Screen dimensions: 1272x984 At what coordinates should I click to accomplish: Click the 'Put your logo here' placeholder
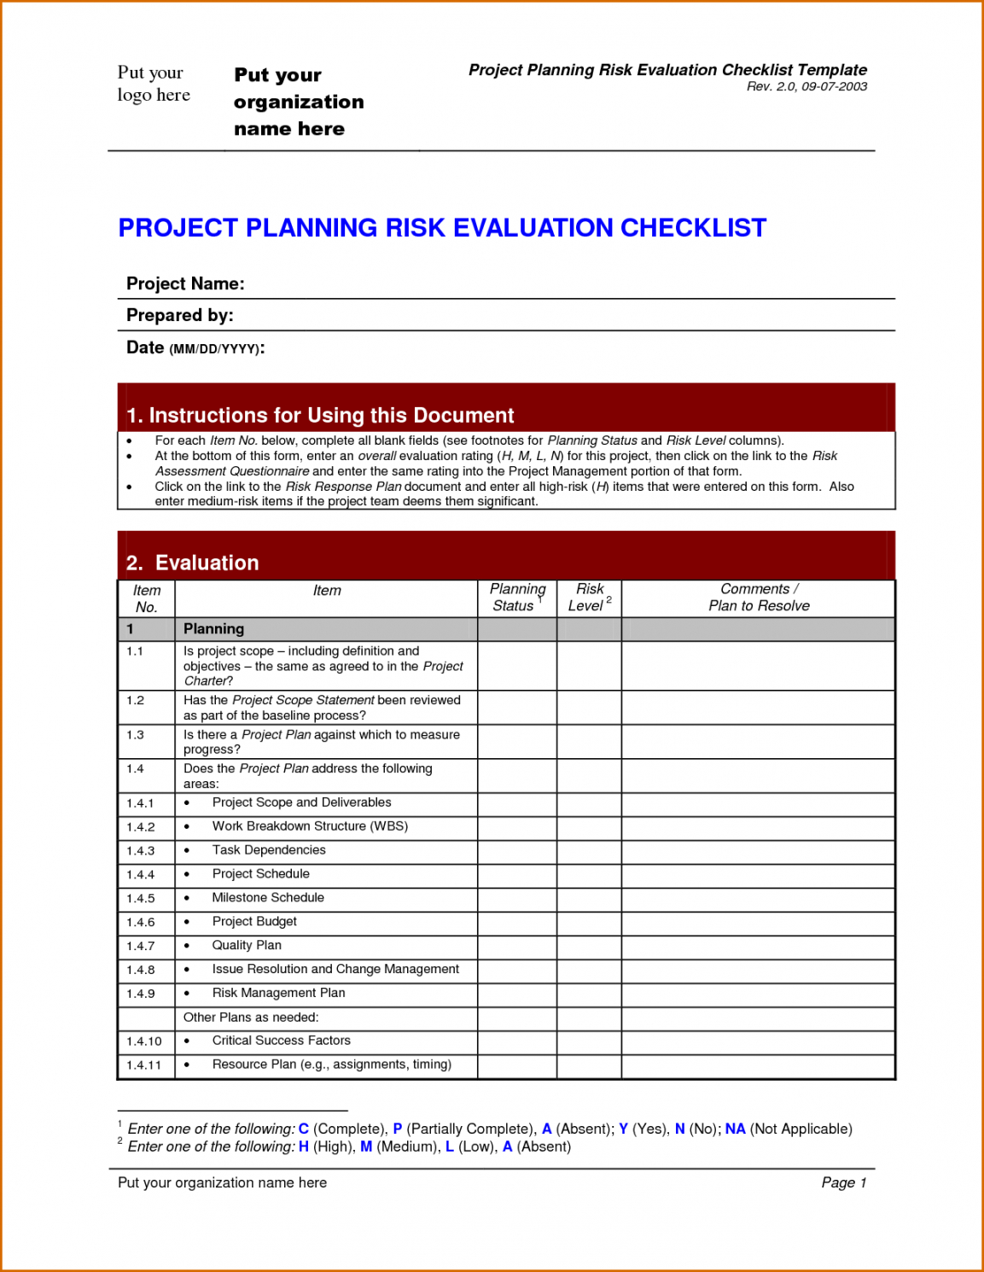coord(154,84)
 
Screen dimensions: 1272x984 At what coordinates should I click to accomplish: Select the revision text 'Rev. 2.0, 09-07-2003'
coord(806,86)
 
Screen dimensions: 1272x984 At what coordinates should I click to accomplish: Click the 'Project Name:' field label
coord(185,283)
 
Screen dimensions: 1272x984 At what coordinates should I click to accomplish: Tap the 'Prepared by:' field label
coord(179,315)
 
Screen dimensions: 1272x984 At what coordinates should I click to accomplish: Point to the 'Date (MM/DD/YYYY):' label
coord(195,347)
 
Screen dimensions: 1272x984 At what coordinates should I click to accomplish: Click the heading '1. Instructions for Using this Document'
coord(320,415)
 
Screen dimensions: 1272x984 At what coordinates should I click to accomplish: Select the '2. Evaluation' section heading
coord(193,563)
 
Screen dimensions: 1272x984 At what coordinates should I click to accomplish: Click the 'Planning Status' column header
coord(516,598)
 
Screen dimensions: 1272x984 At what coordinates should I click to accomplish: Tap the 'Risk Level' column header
coord(589,598)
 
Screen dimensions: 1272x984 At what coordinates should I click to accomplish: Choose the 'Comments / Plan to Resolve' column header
coord(759,598)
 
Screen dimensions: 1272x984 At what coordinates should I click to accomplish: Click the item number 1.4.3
coord(141,851)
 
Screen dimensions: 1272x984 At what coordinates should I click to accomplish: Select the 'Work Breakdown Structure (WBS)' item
coord(310,826)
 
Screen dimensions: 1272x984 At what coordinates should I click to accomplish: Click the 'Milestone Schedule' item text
coord(268,898)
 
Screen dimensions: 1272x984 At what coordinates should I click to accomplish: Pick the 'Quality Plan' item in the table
coord(247,945)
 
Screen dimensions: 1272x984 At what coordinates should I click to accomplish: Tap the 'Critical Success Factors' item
coord(282,1041)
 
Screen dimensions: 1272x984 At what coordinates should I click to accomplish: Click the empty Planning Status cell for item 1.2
coord(517,708)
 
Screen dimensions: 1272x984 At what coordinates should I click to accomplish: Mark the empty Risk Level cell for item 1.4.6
coord(589,923)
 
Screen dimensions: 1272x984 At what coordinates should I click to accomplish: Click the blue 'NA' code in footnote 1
coord(735,1129)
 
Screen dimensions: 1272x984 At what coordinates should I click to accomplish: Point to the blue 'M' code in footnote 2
coord(366,1147)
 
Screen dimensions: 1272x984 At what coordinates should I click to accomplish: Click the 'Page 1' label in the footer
coord(843,1182)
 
